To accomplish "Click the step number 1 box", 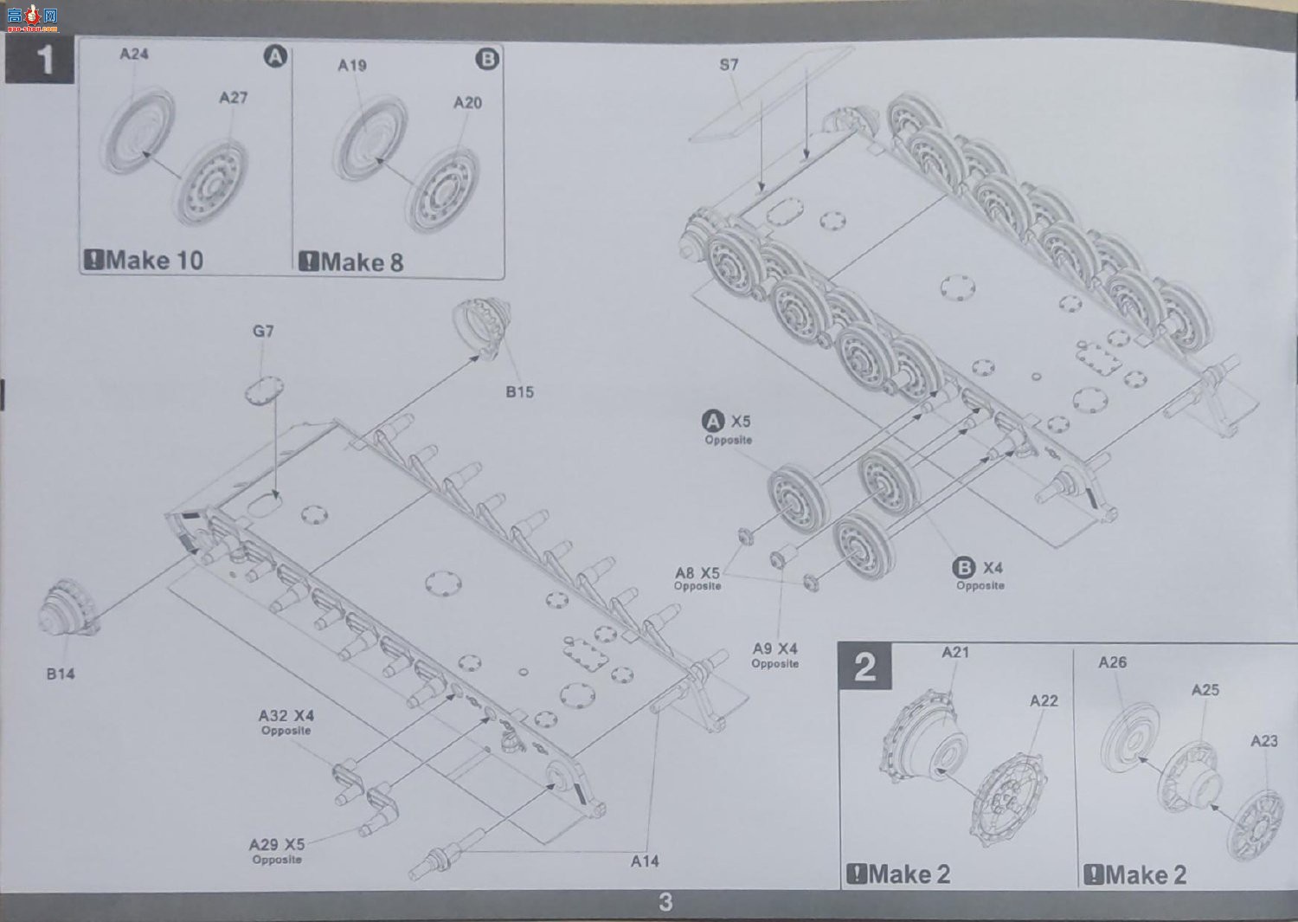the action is click(40, 59).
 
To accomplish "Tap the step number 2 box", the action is click(864, 667).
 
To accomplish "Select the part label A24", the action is click(134, 54).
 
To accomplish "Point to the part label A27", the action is click(233, 98).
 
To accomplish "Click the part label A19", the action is click(352, 66).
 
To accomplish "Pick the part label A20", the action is click(467, 103).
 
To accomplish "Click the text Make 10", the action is click(154, 260).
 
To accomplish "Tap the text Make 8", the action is click(362, 262).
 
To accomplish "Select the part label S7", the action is click(729, 64).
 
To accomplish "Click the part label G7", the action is click(263, 331).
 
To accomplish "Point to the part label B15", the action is click(520, 392).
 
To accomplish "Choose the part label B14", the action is click(61, 674).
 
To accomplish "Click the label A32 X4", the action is click(286, 716).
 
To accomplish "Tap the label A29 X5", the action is click(277, 844).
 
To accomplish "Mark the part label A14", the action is click(645, 861).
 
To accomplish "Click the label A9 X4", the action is click(774, 648).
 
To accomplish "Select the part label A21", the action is click(955, 653).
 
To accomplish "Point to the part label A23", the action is click(1263, 741).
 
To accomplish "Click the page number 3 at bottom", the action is click(665, 902).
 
